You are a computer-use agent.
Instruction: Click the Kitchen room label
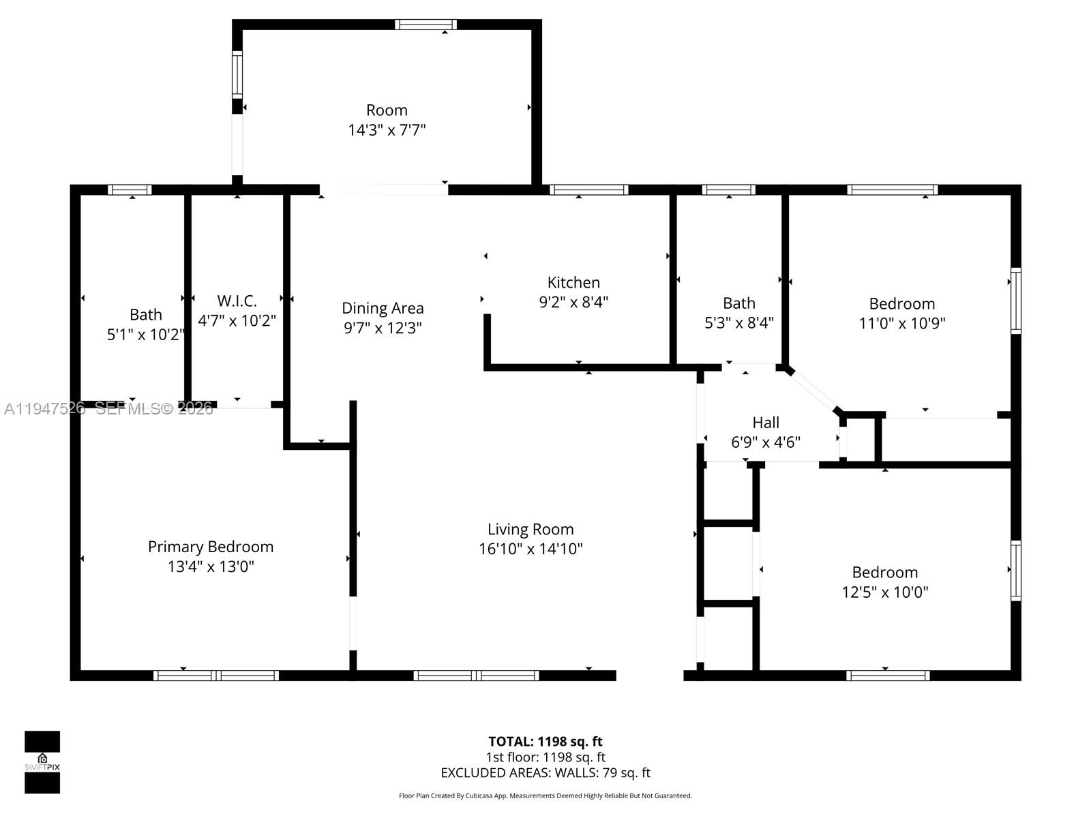(573, 282)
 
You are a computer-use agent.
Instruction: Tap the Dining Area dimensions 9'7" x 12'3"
(383, 328)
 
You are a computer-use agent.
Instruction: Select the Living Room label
(530, 529)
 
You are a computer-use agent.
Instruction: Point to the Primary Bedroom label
(211, 547)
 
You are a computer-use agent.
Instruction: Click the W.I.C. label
(237, 301)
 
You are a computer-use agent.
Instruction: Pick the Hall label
(766, 423)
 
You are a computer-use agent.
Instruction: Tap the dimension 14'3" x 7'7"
(387, 130)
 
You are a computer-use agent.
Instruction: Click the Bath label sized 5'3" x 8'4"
(739, 303)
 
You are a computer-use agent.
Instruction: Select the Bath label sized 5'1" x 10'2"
(146, 315)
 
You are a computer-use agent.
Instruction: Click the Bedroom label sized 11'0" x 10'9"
(901, 304)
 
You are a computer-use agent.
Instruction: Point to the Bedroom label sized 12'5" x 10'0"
(884, 573)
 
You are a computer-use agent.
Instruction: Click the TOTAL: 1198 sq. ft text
(545, 742)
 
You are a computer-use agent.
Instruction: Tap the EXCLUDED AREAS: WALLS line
(545, 773)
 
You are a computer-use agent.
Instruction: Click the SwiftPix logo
(42, 762)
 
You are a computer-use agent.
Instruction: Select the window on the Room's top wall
(425, 25)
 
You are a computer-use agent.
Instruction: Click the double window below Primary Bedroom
(216, 676)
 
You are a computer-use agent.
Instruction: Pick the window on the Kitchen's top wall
(588, 190)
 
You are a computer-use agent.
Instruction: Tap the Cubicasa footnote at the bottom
(545, 796)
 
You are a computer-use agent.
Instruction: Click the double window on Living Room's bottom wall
(476, 676)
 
